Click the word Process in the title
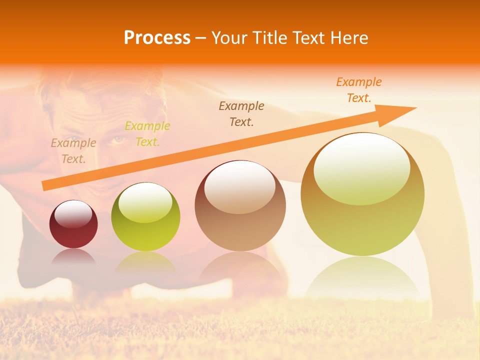point(157,38)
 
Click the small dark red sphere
point(73,225)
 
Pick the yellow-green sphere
point(145,217)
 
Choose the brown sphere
point(240,206)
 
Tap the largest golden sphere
point(362,195)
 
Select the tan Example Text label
point(73,150)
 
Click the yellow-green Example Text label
point(147,133)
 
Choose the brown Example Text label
point(241,113)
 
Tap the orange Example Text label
point(359,89)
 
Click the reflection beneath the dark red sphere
point(73,257)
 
